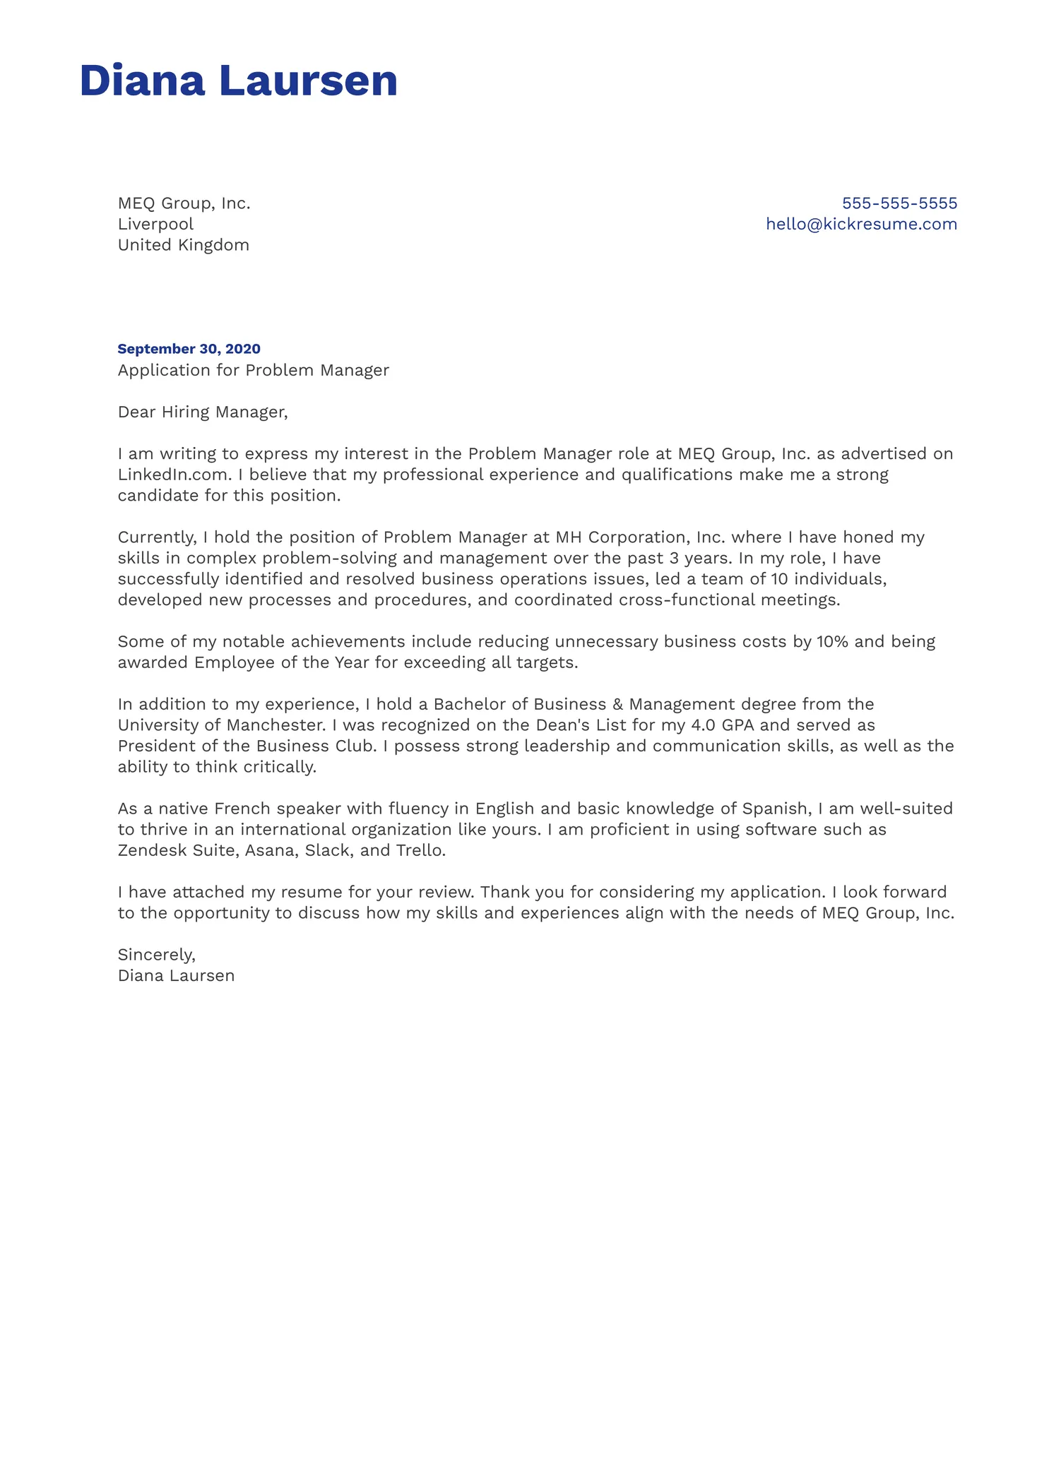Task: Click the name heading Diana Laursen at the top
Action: point(239,81)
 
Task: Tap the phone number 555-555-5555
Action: point(899,203)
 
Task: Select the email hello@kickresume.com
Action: point(861,224)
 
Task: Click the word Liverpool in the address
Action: point(155,224)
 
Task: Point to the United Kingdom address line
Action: point(183,245)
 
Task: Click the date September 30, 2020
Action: point(189,349)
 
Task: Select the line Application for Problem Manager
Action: point(253,370)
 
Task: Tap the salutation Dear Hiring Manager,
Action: point(203,412)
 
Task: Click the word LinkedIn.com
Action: point(174,475)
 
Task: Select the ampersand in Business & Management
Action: point(617,705)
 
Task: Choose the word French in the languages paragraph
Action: point(242,809)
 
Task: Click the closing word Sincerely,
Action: point(157,955)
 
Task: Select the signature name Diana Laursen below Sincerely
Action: point(176,976)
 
